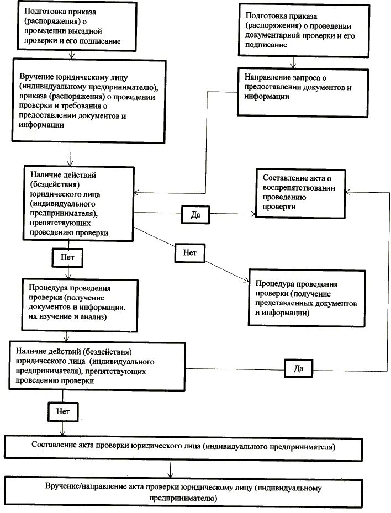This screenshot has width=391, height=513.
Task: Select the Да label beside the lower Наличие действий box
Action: pyautogui.click(x=298, y=368)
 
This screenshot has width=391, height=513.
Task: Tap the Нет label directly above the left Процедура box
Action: pyautogui.click(x=67, y=257)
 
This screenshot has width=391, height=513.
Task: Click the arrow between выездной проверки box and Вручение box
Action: pyautogui.click(x=71, y=55)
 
